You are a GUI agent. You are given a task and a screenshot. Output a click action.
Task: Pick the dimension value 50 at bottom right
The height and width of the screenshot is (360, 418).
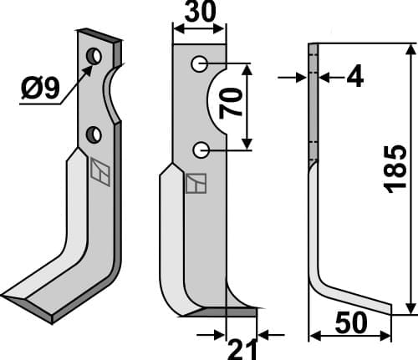[x=351, y=322]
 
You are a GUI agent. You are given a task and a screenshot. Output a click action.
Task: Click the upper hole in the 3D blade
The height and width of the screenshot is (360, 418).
[x=94, y=56]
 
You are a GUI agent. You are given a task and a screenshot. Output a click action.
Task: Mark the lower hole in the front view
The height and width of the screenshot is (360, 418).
[x=200, y=150]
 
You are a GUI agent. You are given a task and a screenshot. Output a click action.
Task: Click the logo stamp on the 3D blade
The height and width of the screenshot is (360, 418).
[x=100, y=170]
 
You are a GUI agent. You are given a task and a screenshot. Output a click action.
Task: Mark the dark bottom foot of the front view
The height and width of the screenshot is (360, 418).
[x=222, y=312]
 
